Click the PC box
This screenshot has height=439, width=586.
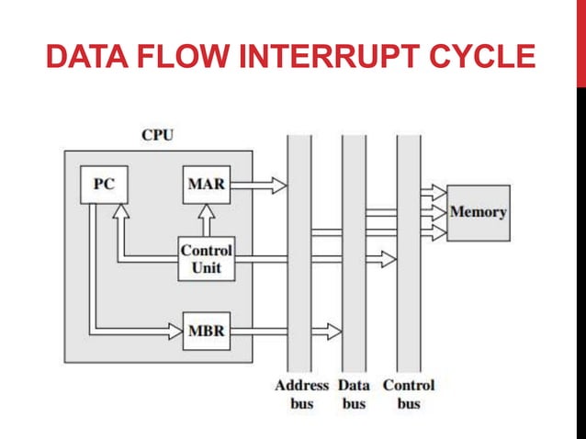(x=103, y=185)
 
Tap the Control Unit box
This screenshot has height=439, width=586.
(x=206, y=259)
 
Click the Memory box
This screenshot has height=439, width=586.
(x=478, y=212)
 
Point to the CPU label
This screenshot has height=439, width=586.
(x=157, y=135)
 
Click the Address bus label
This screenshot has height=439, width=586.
(x=301, y=394)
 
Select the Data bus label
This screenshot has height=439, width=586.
(x=355, y=394)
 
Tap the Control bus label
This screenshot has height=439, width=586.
(x=409, y=394)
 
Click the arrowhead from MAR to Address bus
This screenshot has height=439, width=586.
(x=277, y=185)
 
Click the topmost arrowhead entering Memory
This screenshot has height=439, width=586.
(x=438, y=193)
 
